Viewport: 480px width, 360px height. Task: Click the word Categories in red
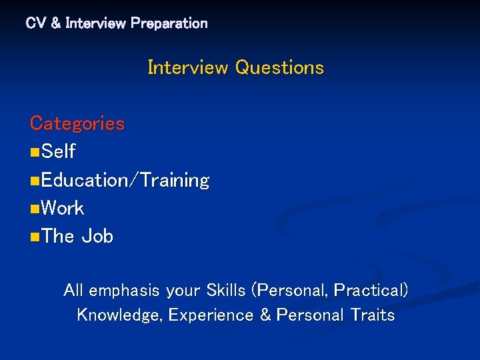point(77,124)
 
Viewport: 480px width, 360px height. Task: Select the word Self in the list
point(58,152)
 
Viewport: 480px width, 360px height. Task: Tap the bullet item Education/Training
point(125,181)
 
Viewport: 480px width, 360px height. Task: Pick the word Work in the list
point(63,209)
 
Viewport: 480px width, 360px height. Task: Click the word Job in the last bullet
point(97,237)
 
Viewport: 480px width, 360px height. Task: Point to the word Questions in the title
point(279,68)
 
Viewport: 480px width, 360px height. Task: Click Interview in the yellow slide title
point(189,68)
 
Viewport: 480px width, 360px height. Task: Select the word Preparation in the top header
point(169,23)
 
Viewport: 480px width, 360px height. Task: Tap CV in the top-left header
point(35,23)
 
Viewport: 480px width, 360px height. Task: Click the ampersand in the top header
point(55,23)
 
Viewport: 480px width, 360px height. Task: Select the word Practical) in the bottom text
point(371,291)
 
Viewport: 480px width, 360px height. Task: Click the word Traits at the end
point(373,315)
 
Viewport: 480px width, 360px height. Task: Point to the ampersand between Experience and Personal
point(265,315)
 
